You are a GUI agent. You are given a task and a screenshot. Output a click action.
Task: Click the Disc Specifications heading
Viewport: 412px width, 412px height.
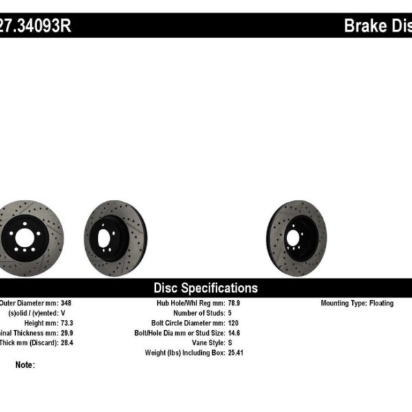(205, 288)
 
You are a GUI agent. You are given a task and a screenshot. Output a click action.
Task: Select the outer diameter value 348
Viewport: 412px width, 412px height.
(65, 303)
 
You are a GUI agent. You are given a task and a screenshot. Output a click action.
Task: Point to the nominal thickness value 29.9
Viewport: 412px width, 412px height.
(67, 332)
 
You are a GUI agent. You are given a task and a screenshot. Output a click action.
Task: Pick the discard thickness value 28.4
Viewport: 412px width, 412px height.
(67, 341)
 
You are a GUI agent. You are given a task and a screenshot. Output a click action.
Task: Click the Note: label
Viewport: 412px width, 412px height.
(25, 365)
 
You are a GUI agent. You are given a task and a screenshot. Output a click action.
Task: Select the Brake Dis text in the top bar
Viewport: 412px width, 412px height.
(377, 26)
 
